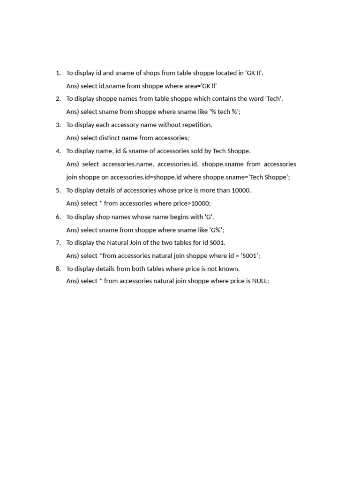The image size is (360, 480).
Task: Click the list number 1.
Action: tap(58, 73)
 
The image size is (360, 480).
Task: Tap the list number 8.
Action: tap(58, 269)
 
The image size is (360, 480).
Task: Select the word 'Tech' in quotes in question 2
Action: tap(274, 98)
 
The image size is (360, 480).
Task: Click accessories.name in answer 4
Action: tap(127, 164)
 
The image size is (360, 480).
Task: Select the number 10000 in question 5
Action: tap(241, 190)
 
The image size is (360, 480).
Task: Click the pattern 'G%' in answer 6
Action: tap(215, 230)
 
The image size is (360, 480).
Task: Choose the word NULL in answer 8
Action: tap(260, 281)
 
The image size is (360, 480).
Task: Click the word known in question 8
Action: tap(228, 269)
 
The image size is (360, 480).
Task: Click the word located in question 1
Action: tap(229, 73)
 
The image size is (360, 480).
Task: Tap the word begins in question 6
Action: tap(172, 217)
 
